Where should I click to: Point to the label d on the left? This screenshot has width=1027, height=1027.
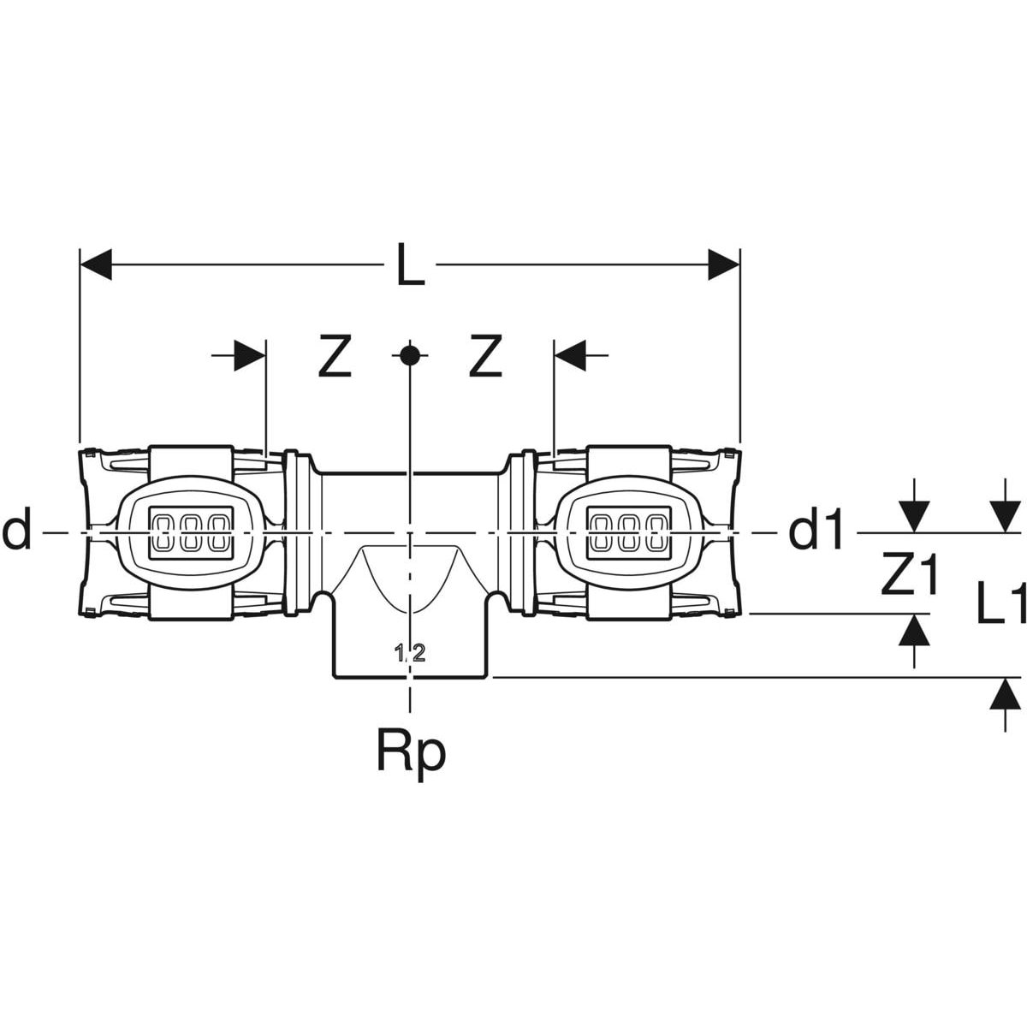(17, 532)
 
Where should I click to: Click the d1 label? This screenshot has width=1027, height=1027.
(816, 533)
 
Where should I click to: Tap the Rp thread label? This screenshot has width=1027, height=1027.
(411, 752)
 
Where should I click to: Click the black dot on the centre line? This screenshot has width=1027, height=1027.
(411, 354)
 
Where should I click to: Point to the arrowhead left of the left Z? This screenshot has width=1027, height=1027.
(249, 354)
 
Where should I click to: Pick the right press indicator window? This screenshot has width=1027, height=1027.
(630, 532)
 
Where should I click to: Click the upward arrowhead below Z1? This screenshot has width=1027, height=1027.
(916, 630)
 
